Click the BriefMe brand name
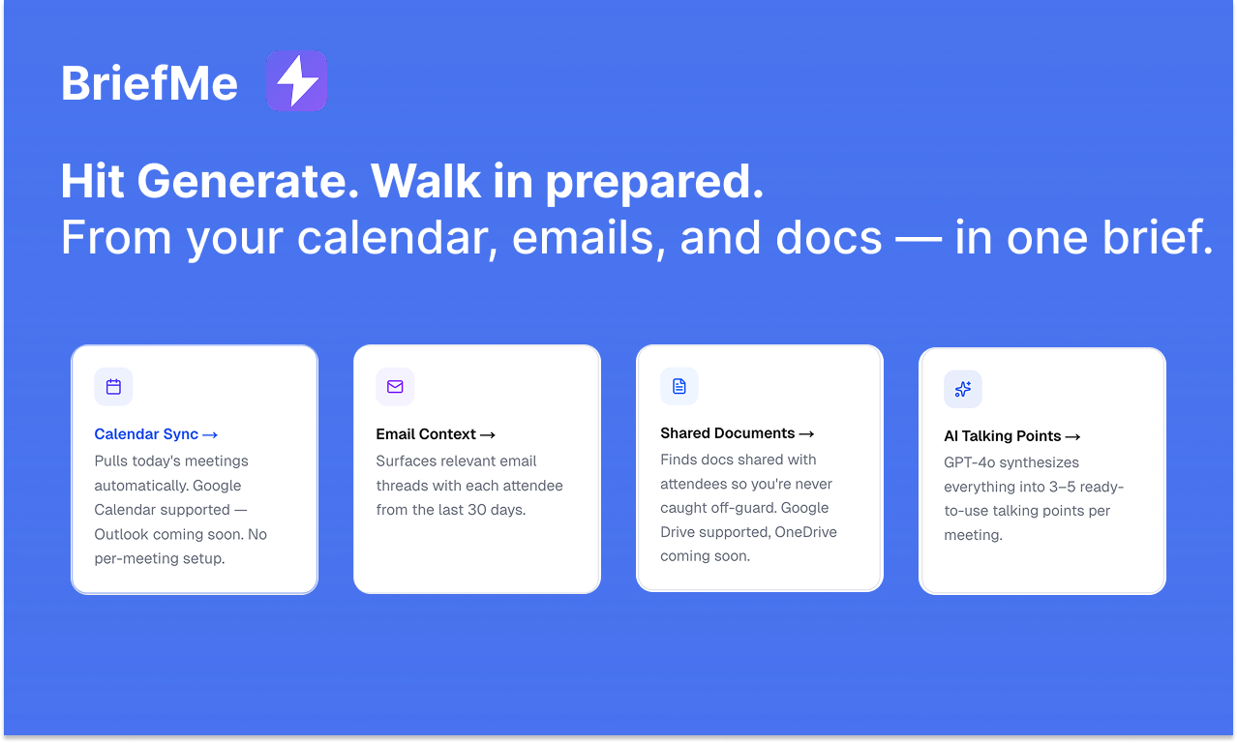click(x=149, y=83)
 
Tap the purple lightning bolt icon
click(x=296, y=81)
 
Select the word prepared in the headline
click(x=653, y=181)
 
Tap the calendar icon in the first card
click(x=113, y=387)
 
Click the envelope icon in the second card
click(x=395, y=387)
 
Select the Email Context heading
click(x=426, y=434)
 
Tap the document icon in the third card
click(x=679, y=386)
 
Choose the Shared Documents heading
click(x=728, y=433)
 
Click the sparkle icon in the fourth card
click(x=963, y=389)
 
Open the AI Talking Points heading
click(x=1003, y=436)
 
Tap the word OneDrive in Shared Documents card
click(x=805, y=532)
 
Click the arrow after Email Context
click(x=488, y=435)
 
